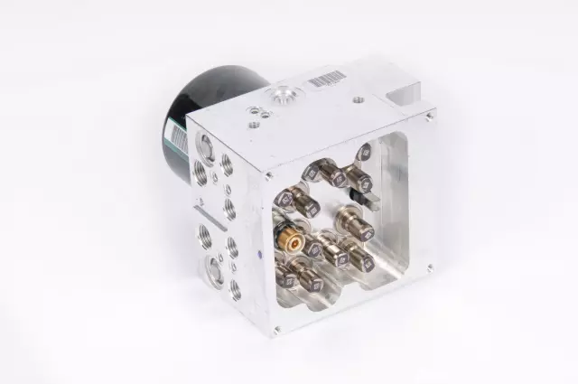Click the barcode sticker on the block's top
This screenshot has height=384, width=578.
click(x=326, y=80)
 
